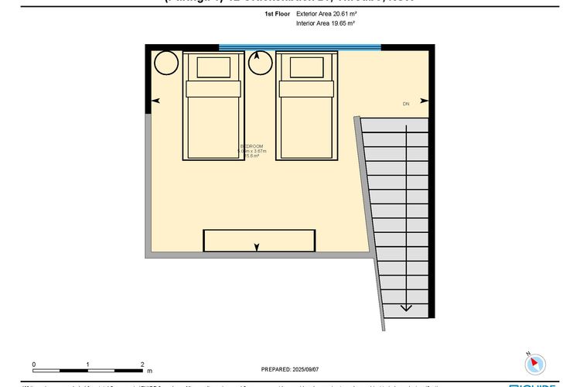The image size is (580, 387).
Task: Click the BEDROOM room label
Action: click(x=253, y=146)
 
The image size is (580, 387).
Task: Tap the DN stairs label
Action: click(x=405, y=104)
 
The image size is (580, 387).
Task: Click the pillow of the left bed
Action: click(x=213, y=67)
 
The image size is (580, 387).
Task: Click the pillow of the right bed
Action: click(x=307, y=67)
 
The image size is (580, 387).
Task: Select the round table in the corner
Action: click(x=166, y=63)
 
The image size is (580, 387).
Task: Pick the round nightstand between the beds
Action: click(x=260, y=63)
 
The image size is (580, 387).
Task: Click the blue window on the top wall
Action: click(x=300, y=47)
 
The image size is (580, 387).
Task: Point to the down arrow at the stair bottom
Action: click(x=405, y=307)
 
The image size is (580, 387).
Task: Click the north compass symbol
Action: click(x=535, y=362)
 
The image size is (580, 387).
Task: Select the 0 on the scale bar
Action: click(x=34, y=364)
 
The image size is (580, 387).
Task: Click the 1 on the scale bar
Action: click(x=88, y=364)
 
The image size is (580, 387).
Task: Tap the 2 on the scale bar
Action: click(x=142, y=364)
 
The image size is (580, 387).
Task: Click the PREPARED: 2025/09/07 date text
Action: click(x=291, y=370)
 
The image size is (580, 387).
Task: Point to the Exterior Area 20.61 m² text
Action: click(x=326, y=14)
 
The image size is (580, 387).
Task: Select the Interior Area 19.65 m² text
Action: click(x=326, y=24)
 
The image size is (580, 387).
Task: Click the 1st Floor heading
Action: click(x=276, y=14)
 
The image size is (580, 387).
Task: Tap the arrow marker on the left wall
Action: click(x=156, y=101)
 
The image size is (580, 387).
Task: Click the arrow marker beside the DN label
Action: click(x=424, y=101)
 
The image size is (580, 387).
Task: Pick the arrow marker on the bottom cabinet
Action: click(x=257, y=247)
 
